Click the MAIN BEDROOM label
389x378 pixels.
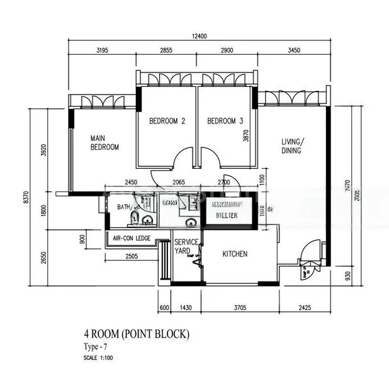point(104,142)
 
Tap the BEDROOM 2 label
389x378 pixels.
point(167,121)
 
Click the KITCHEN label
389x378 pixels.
point(235,255)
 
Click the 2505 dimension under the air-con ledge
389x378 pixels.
point(132,256)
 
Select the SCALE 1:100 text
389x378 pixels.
point(99,358)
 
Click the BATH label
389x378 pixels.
point(123,207)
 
